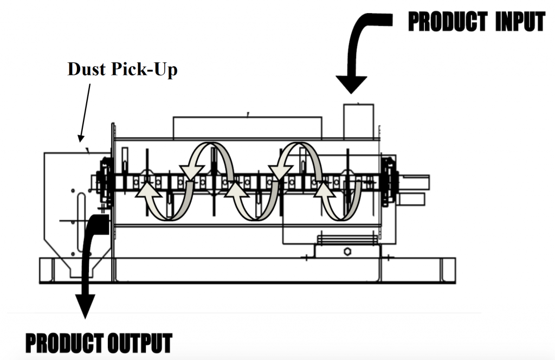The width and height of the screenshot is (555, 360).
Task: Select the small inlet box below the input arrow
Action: click(359, 120)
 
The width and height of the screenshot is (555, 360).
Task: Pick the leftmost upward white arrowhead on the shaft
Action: click(148, 190)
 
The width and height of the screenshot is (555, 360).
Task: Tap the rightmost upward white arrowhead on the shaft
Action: click(324, 190)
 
